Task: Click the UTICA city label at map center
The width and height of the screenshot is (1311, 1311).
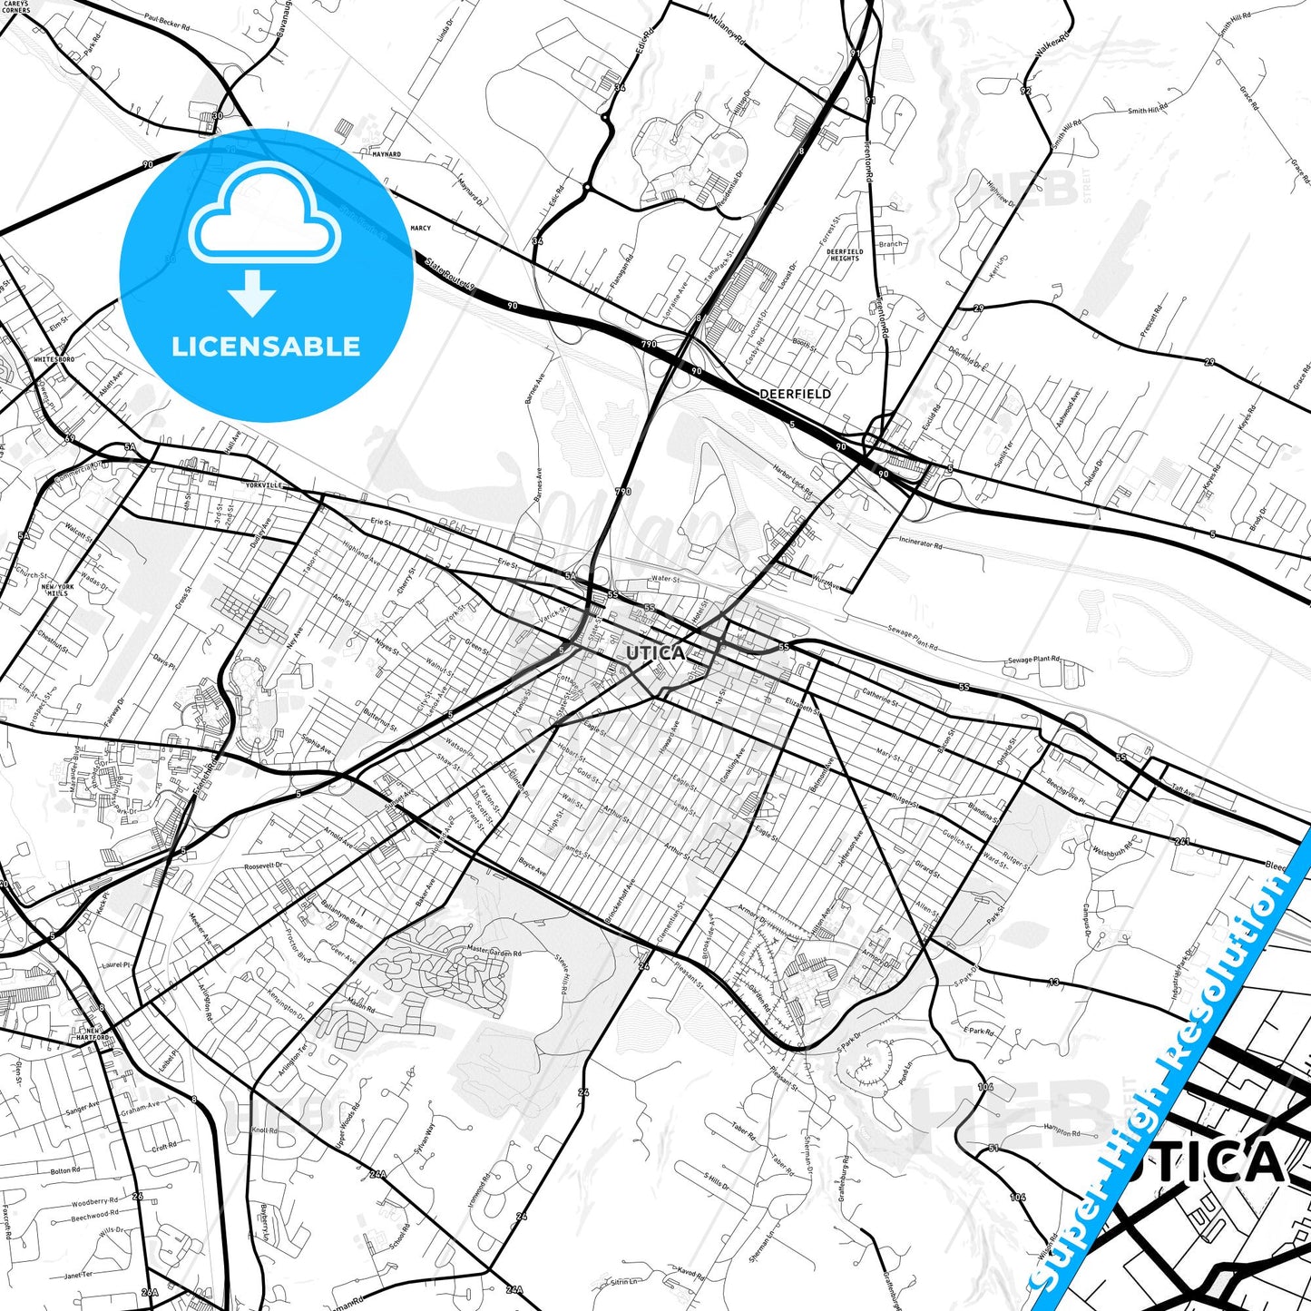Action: [x=655, y=653]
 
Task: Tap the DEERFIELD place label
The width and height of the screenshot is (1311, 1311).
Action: [x=795, y=395]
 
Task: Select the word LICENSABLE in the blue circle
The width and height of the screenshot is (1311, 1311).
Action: [x=266, y=347]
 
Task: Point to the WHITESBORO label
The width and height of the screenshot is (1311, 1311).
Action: [x=54, y=359]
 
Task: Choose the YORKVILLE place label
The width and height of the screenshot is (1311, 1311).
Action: [x=264, y=486]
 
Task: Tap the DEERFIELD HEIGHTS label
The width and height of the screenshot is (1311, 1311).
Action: [x=844, y=255]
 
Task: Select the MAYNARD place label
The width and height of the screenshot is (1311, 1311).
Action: [x=386, y=155]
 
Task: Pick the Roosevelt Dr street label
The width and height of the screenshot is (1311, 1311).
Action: [x=264, y=866]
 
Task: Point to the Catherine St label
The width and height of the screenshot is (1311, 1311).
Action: [x=880, y=698]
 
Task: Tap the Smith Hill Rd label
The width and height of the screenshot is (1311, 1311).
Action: [x=1148, y=111]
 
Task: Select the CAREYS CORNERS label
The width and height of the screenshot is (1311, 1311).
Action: [x=15, y=7]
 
